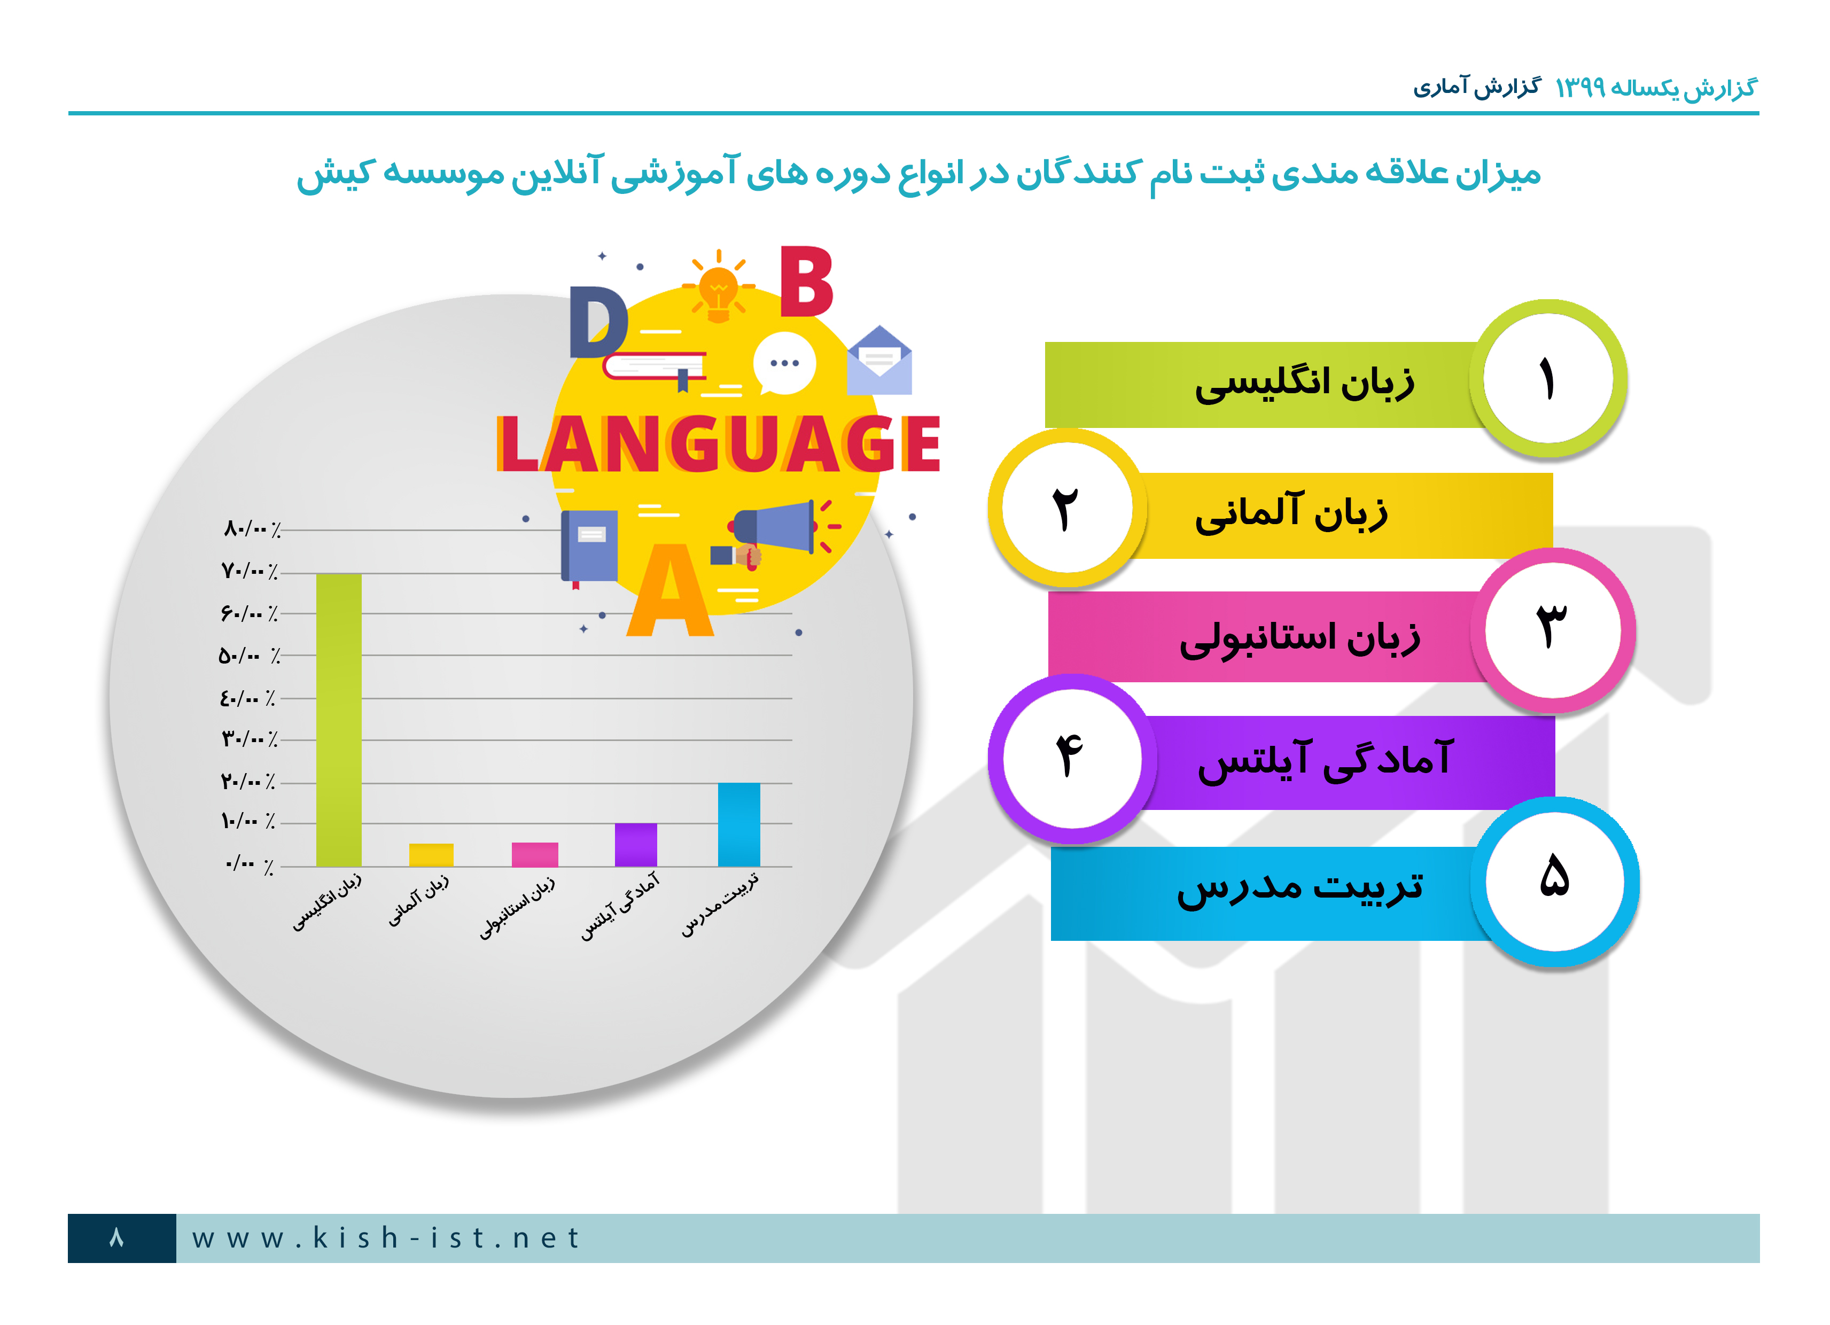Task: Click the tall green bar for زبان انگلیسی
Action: pyautogui.click(x=339, y=720)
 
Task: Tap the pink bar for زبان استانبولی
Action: pyautogui.click(x=535, y=854)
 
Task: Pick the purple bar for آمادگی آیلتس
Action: pyautogui.click(x=636, y=845)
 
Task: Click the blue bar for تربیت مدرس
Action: pyautogui.click(x=739, y=825)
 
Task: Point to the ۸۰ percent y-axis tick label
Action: pyautogui.click(x=252, y=529)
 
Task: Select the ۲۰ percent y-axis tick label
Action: pyautogui.click(x=248, y=781)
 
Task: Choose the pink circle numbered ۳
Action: pyautogui.click(x=1553, y=629)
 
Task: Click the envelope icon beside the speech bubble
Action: pyautogui.click(x=879, y=360)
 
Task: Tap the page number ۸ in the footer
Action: pyautogui.click(x=117, y=1237)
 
